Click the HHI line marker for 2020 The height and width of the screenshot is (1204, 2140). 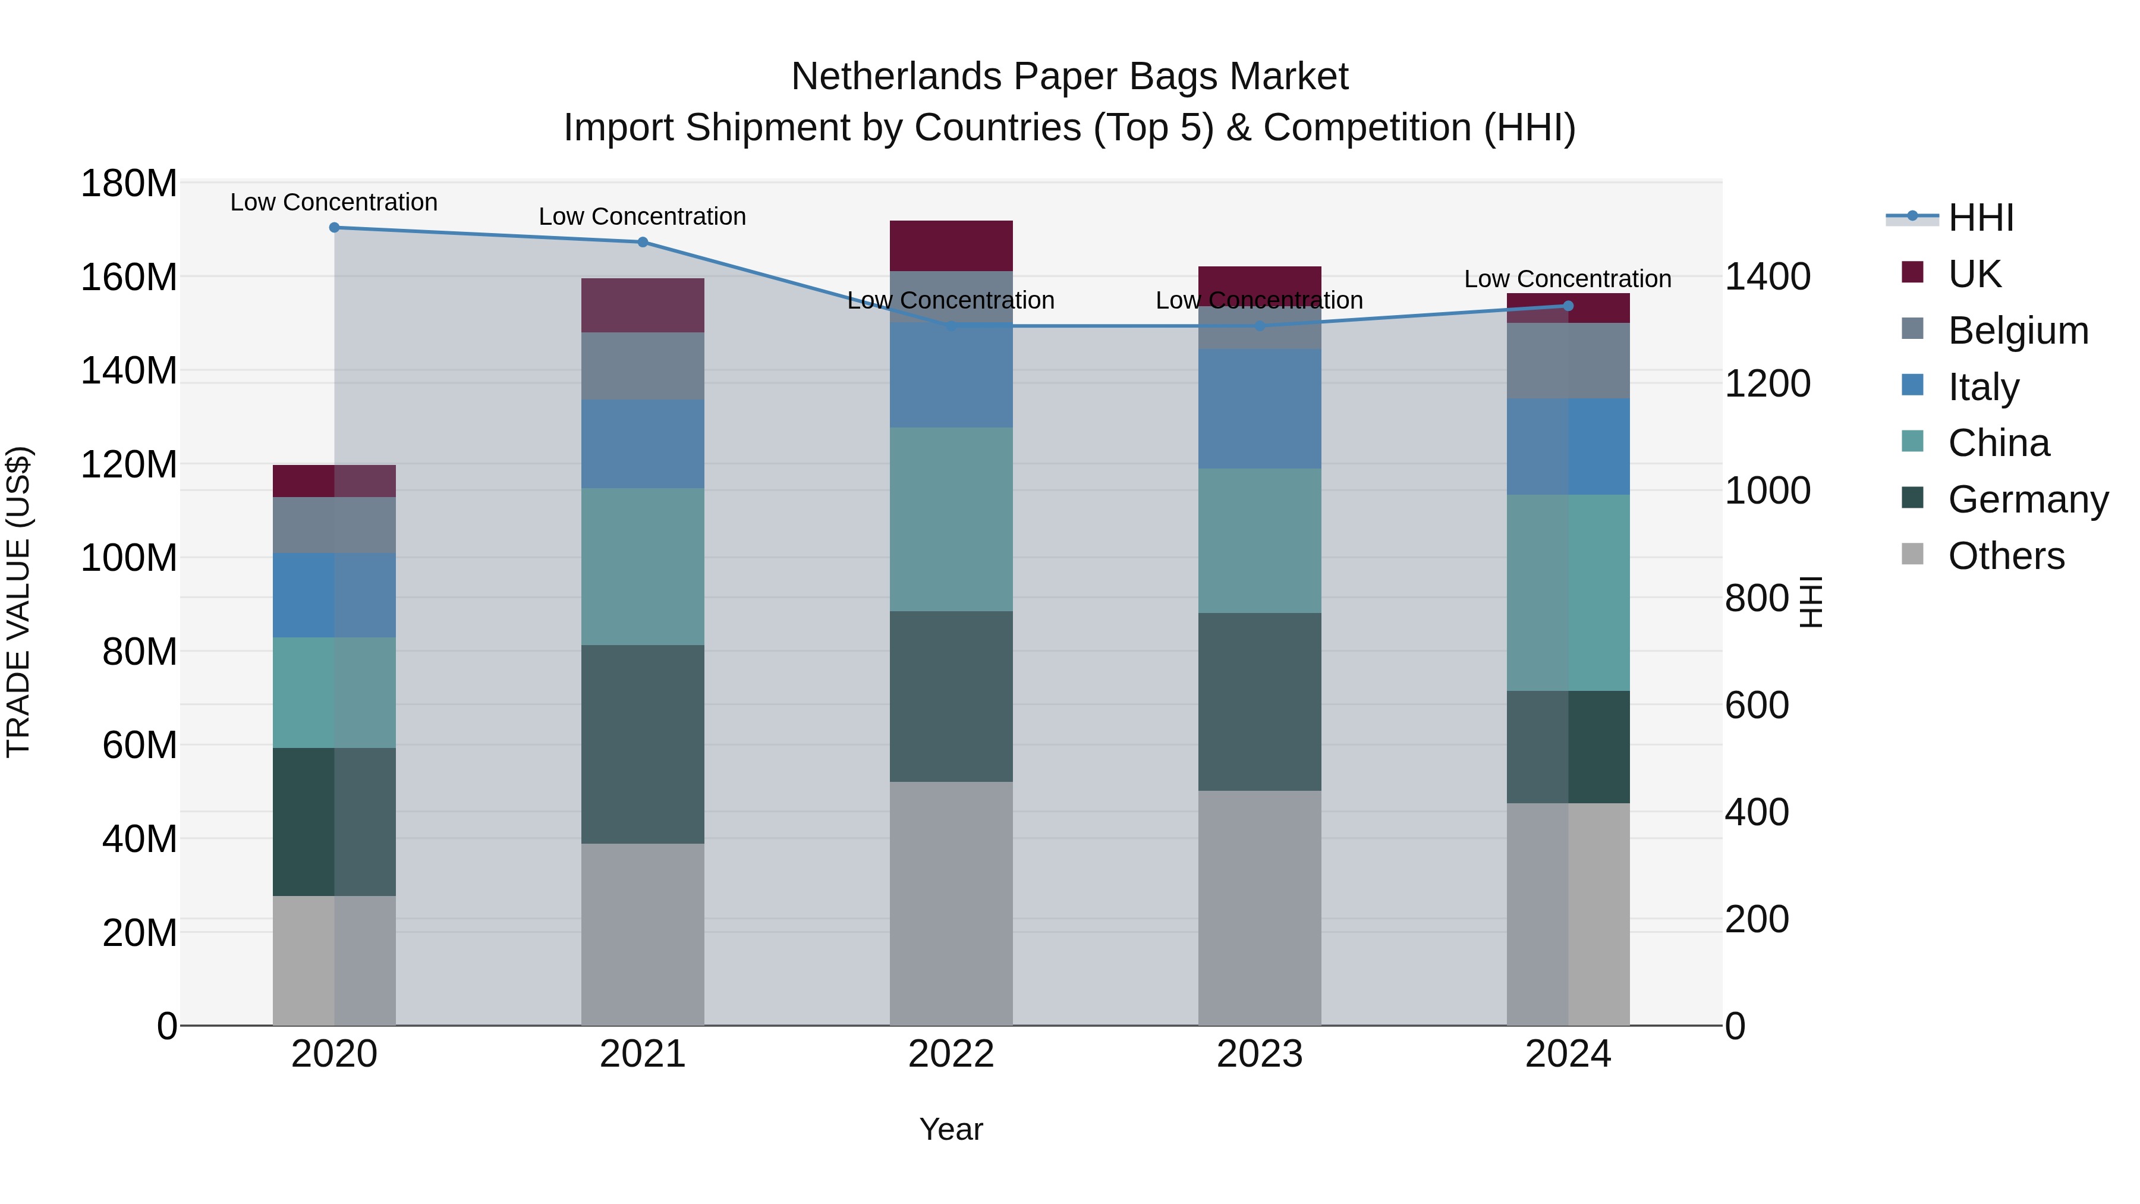[334, 228]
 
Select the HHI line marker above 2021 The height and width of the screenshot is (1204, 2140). [642, 243]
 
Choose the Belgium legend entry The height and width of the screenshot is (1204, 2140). [2017, 331]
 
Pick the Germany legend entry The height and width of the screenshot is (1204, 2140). [2027, 499]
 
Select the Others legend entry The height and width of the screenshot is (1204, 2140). [2006, 556]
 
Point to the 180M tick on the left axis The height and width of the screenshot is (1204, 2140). [129, 184]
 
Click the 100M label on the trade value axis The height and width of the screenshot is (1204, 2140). [129, 558]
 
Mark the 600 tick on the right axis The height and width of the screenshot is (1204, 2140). [1756, 705]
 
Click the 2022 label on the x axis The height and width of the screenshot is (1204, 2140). [951, 1054]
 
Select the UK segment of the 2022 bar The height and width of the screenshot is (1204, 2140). [951, 246]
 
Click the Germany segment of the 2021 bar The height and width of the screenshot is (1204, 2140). [642, 744]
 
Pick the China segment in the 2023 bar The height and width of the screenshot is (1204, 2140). [1260, 541]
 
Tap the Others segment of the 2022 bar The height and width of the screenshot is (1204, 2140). [951, 903]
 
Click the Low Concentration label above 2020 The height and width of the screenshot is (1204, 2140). [334, 203]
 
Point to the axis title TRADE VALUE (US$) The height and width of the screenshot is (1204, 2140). [18, 602]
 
